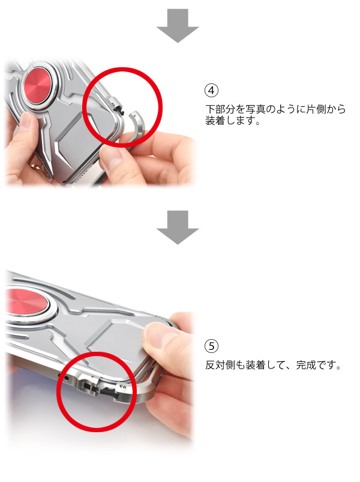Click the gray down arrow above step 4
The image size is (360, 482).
coord(178,26)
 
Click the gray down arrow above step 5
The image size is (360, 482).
coord(178,227)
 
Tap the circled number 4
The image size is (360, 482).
coord(211,91)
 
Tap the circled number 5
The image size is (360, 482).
coord(211,346)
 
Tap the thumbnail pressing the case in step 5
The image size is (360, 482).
coord(158,334)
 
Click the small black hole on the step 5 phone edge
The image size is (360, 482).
coord(65,377)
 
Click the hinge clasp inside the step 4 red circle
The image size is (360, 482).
coord(118,104)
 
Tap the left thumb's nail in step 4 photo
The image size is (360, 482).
coord(26,119)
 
